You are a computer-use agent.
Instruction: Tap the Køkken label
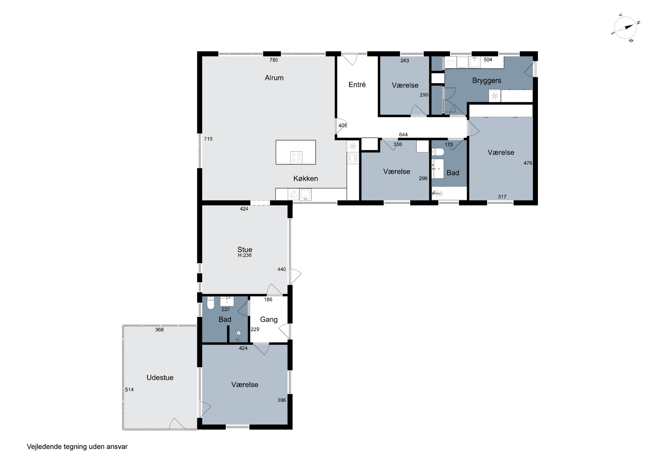point(306,178)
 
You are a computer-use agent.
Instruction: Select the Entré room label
point(357,85)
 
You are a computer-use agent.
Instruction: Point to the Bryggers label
point(487,81)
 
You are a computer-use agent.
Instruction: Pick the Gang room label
point(269,320)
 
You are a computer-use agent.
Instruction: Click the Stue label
point(245,249)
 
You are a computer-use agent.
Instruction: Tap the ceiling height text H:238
point(245,255)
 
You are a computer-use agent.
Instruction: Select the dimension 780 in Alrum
point(274,60)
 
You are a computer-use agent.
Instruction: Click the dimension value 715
point(208,139)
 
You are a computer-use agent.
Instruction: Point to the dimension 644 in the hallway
point(403,135)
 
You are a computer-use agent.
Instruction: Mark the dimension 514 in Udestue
point(129,389)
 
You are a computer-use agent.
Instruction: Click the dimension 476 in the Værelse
point(528,163)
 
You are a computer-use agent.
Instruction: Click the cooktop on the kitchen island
point(296,157)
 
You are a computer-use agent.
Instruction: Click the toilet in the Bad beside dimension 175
point(438,152)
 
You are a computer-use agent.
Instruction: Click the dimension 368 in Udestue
point(159,330)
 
